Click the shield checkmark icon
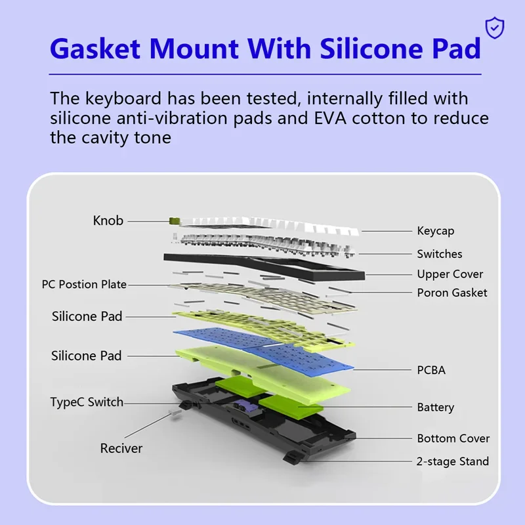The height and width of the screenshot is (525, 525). (x=495, y=28)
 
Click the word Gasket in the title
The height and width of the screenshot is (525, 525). (x=95, y=49)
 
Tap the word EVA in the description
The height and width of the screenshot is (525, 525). (x=330, y=118)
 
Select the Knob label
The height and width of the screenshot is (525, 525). (x=108, y=220)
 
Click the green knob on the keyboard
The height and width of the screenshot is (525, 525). (x=175, y=220)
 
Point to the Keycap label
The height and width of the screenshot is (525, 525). (x=436, y=231)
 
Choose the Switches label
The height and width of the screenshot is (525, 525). (x=440, y=254)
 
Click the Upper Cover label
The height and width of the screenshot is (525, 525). (x=450, y=274)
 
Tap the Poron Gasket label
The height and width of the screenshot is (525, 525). (x=452, y=293)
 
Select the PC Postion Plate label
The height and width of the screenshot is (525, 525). (x=84, y=284)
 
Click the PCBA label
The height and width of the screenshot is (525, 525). (x=431, y=370)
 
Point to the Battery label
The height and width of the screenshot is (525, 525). (x=436, y=408)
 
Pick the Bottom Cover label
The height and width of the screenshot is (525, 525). (x=453, y=438)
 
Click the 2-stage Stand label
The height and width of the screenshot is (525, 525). (x=453, y=461)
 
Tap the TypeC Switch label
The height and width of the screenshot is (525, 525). (x=87, y=402)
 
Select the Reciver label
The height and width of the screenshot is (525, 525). (x=121, y=448)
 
